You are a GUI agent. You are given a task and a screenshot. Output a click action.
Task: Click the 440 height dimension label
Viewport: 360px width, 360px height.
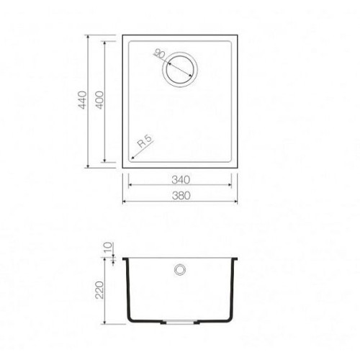(82, 100)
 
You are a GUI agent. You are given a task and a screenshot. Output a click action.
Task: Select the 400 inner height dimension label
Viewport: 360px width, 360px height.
(99, 100)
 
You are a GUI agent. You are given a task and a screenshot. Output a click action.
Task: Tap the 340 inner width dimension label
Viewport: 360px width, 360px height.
(181, 180)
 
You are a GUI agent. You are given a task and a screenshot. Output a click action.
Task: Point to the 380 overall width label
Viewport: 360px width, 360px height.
(181, 196)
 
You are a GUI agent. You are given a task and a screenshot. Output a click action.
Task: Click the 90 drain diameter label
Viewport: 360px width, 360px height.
(160, 54)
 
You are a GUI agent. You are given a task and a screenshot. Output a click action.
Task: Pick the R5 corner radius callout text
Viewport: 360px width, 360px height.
(145, 141)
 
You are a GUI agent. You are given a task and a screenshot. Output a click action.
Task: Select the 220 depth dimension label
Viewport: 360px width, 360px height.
(99, 290)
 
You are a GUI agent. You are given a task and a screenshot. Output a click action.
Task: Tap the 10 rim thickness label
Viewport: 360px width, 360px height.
(108, 248)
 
